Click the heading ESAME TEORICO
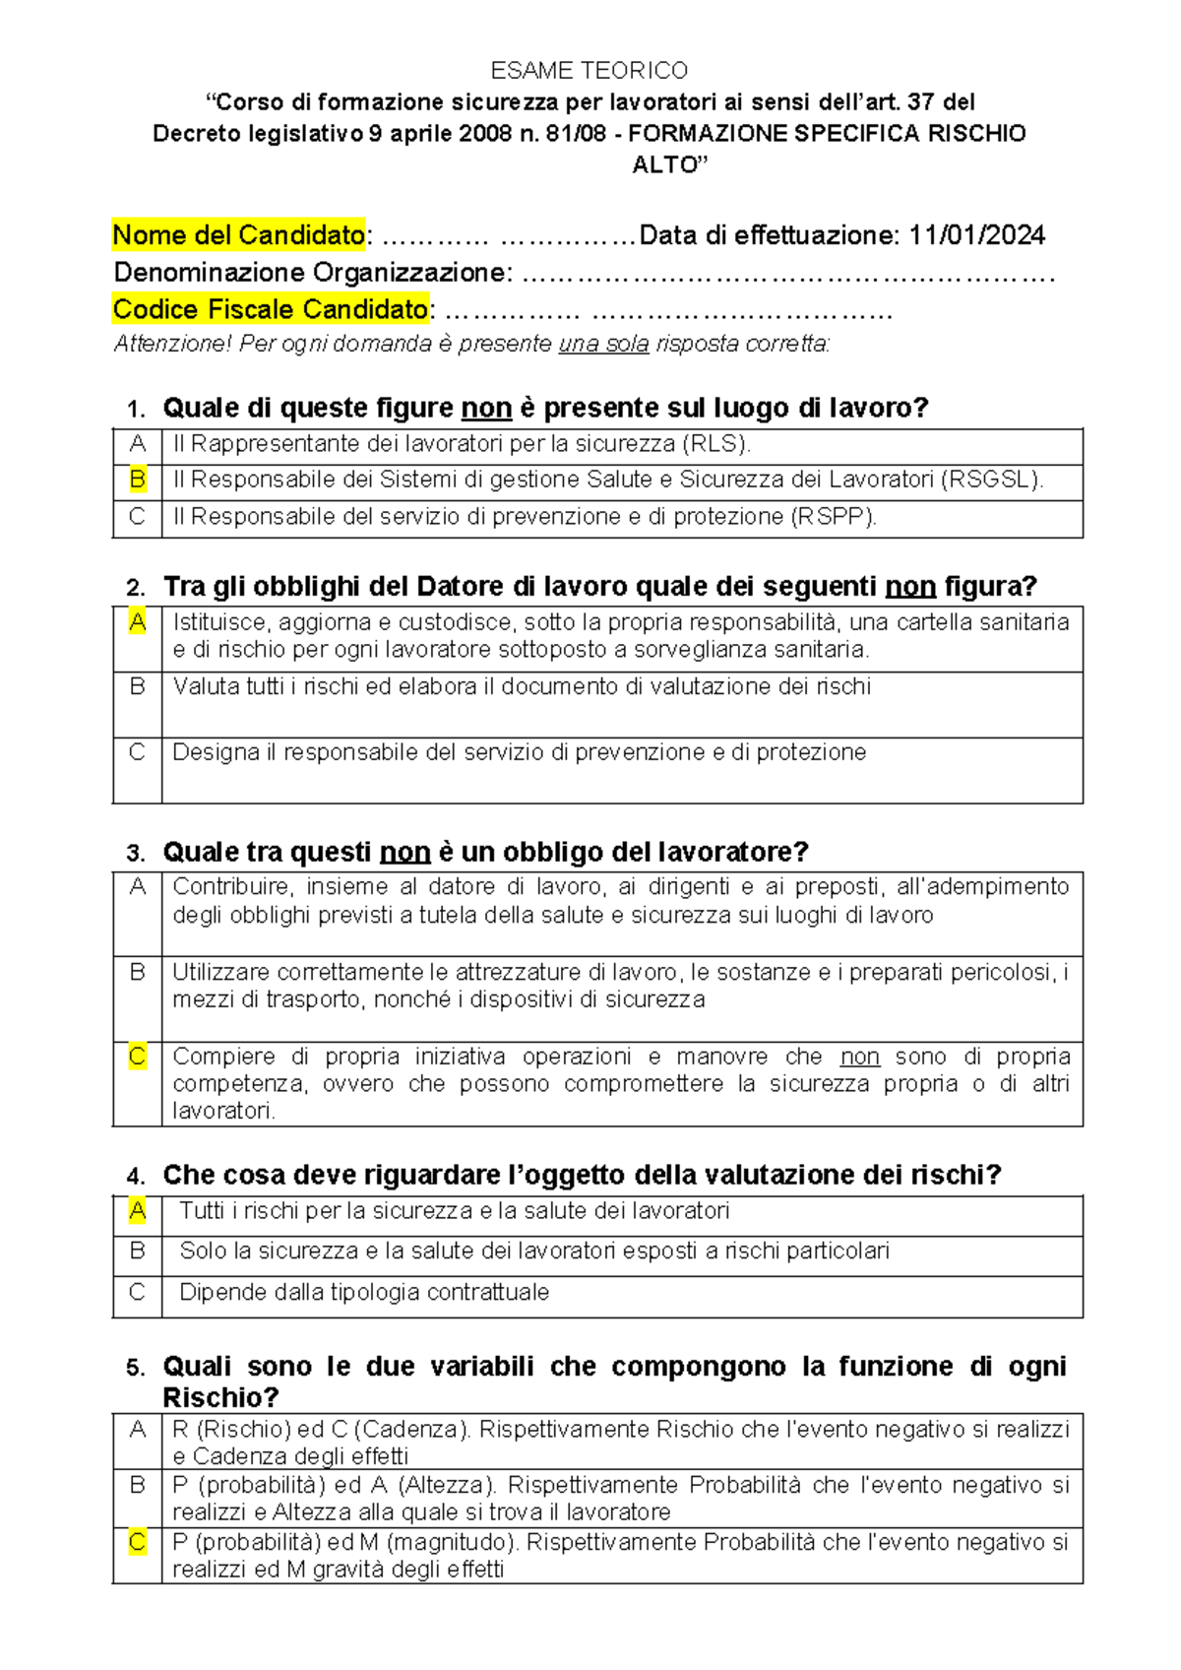click(x=590, y=70)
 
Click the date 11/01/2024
click(x=976, y=235)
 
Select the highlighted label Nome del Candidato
click(x=238, y=235)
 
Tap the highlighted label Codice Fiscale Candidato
click(x=271, y=309)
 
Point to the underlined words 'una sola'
click(x=603, y=344)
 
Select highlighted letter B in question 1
click(x=137, y=480)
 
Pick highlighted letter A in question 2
click(x=137, y=622)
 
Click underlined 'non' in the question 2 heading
click(x=910, y=587)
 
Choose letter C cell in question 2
click(x=137, y=752)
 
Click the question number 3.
click(x=136, y=853)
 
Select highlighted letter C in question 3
click(x=137, y=1057)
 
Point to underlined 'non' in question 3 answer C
click(x=859, y=1057)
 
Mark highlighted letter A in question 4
click(x=137, y=1210)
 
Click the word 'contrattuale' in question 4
click(x=487, y=1292)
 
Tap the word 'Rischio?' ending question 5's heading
click(x=220, y=1397)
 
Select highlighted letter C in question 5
click(x=137, y=1542)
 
